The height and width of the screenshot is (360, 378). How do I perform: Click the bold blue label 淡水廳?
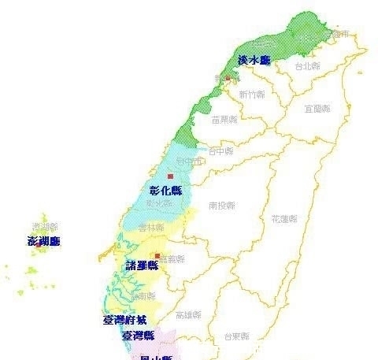[x=254, y=61]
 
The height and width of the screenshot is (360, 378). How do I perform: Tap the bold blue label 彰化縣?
[x=165, y=191]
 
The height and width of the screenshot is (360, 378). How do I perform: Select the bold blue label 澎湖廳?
[x=43, y=240]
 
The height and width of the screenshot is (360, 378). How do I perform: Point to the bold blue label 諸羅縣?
[x=142, y=266]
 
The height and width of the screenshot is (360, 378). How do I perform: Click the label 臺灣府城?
[x=124, y=320]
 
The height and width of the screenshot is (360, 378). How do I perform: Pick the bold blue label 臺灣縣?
[x=137, y=336]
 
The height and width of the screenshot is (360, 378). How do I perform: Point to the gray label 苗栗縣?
[x=226, y=120]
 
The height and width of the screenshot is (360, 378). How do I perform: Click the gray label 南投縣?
[x=223, y=206]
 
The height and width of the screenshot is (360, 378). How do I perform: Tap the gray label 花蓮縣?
[x=283, y=218]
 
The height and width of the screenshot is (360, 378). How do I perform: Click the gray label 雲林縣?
[x=150, y=227]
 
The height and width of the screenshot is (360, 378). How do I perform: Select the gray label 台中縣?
[x=220, y=150]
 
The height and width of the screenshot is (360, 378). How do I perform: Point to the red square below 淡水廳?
[x=228, y=79]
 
